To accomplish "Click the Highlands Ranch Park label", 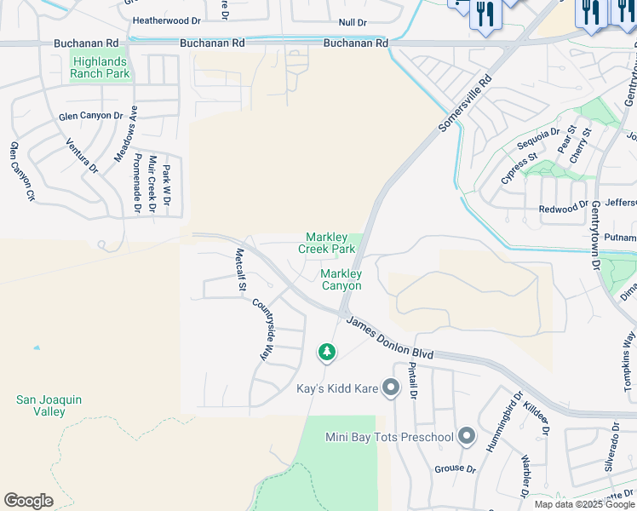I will [100, 68].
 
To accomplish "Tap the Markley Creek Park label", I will [326, 244].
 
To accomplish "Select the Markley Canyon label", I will [341, 279].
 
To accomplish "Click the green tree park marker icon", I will [326, 351].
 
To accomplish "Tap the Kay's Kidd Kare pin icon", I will [391, 388].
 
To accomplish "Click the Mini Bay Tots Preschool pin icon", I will [466, 437].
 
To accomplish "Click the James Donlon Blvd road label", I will [389, 339].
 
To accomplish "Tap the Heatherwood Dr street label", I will [168, 20].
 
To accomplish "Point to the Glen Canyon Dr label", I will [91, 116].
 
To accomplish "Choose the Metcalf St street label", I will [240, 270].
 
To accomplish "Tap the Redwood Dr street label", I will [563, 208].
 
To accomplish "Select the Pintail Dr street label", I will [413, 379].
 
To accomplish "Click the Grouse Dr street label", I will [455, 468].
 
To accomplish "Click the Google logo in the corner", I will [28, 501].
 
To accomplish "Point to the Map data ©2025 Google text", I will [583, 504].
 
